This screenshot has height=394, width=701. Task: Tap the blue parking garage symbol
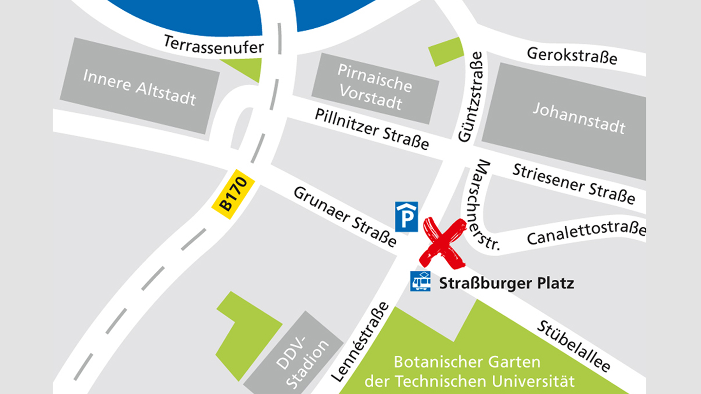coord(406,217)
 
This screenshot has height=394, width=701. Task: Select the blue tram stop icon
coord(420,281)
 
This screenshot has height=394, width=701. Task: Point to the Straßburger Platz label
coord(506,283)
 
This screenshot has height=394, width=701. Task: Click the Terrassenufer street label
coord(213,45)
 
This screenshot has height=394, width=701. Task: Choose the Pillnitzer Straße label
coord(372,129)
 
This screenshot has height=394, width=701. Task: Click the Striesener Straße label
coord(573,184)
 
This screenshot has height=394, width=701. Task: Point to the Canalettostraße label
coord(586,233)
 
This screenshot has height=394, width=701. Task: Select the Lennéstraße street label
coord(360,341)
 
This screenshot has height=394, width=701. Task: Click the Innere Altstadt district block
coord(139,87)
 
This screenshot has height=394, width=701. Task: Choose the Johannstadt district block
coord(578,118)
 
